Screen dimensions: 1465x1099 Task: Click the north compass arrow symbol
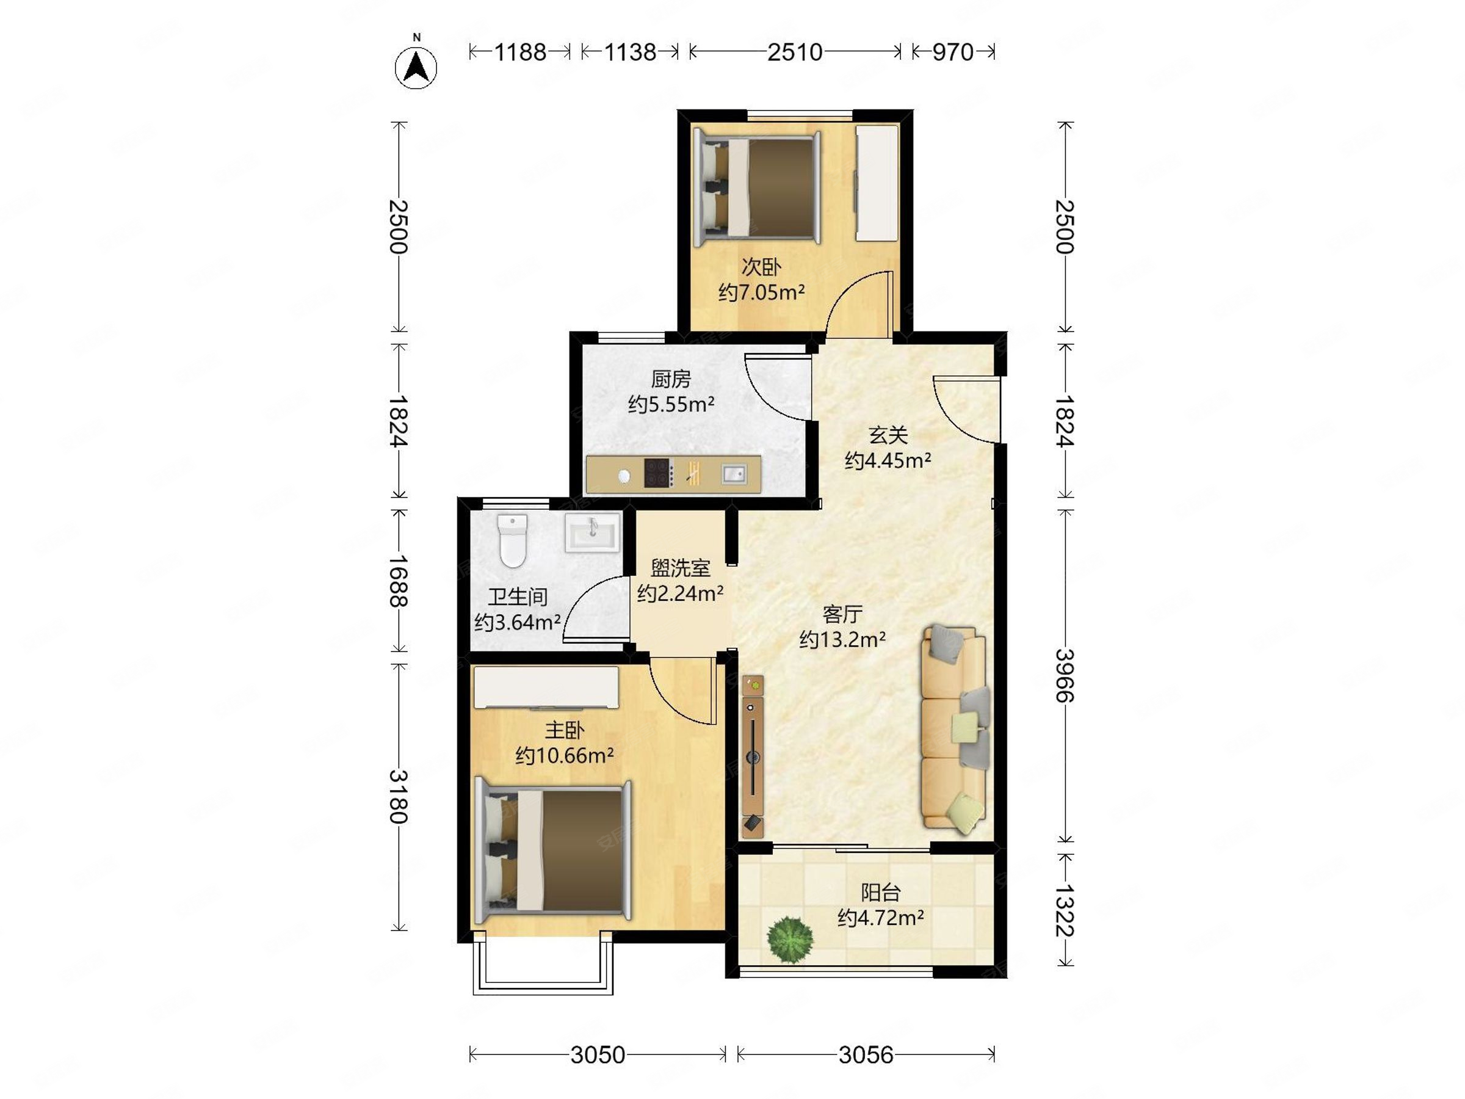416,66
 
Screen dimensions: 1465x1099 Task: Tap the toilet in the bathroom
513,540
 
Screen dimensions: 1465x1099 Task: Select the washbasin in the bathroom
592,532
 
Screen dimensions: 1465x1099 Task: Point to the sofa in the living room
954,727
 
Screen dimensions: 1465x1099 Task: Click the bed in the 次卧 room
756,187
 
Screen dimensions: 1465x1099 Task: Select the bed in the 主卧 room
554,851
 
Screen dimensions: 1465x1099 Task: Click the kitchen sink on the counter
734,474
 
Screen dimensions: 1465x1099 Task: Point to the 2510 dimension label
795,52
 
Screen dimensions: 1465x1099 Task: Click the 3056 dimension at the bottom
866,1054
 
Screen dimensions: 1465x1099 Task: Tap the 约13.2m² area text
842,639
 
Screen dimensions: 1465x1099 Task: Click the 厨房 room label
671,379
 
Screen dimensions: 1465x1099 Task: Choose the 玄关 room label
888,435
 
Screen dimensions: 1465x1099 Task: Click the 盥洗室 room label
680,568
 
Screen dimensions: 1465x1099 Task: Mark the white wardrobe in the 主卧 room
546,687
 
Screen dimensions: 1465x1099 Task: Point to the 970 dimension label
953,52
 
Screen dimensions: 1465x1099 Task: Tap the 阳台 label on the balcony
881,892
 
